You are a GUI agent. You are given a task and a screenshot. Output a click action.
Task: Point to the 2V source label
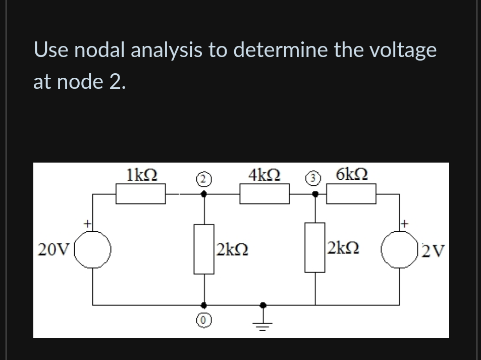pyautogui.click(x=432, y=249)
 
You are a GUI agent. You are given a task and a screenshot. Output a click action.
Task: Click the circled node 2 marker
pyautogui.click(x=203, y=178)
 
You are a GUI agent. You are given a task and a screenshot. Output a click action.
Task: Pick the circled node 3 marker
pyautogui.click(x=314, y=178)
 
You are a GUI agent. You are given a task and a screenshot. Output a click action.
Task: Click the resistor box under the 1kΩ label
pyautogui.click(x=141, y=194)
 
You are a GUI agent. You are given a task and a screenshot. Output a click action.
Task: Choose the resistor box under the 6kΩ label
pyautogui.click(x=351, y=194)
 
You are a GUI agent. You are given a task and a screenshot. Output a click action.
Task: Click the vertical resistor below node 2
pyautogui.click(x=204, y=249)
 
